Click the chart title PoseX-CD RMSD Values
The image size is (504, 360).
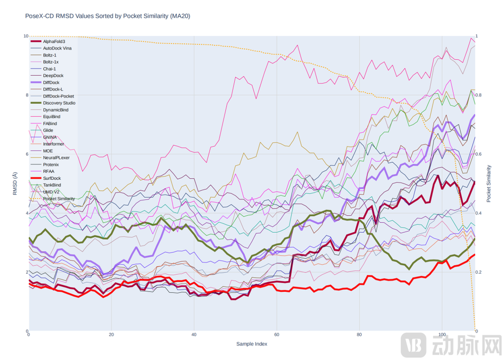107,16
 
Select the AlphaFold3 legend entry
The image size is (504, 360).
53,41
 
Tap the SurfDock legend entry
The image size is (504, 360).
51,178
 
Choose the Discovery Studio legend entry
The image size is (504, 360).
59,103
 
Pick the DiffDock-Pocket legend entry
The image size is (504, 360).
58,96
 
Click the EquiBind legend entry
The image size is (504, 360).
51,117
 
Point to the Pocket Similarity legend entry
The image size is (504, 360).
59,199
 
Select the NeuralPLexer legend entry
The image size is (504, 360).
56,158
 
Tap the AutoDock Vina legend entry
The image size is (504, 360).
57,48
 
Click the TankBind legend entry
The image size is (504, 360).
52,185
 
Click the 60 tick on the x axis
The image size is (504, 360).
276,335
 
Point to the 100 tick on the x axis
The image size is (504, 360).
442,335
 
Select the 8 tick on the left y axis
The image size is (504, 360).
26,95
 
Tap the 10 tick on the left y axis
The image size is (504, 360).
25,36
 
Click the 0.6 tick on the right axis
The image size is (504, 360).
479,154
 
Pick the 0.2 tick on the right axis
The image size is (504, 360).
479,272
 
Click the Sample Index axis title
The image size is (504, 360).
252,344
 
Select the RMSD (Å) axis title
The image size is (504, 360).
15,184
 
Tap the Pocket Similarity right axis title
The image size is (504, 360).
488,183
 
